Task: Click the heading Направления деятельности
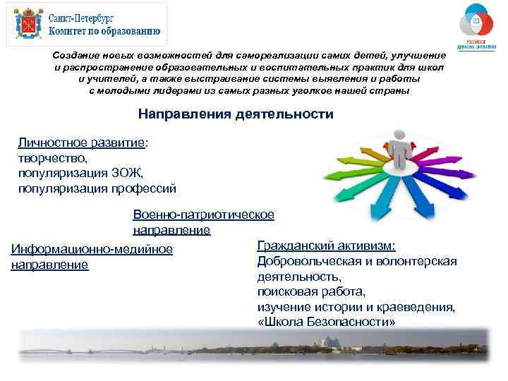[236, 114]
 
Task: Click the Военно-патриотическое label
[203, 214]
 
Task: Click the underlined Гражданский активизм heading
[326, 246]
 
